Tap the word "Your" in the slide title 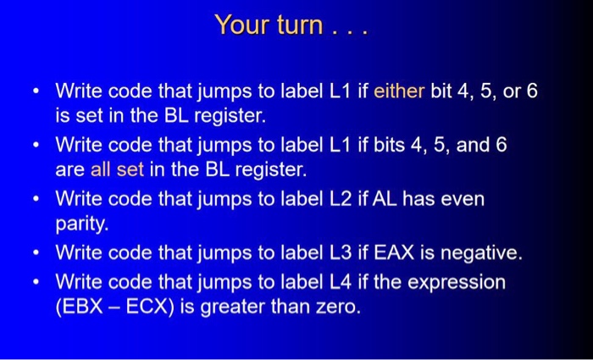[241, 25]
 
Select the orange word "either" [399, 90]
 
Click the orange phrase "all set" [117, 169]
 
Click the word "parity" [82, 224]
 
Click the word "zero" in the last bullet [337, 306]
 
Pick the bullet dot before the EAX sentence [34, 253]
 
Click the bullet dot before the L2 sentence [34, 201]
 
